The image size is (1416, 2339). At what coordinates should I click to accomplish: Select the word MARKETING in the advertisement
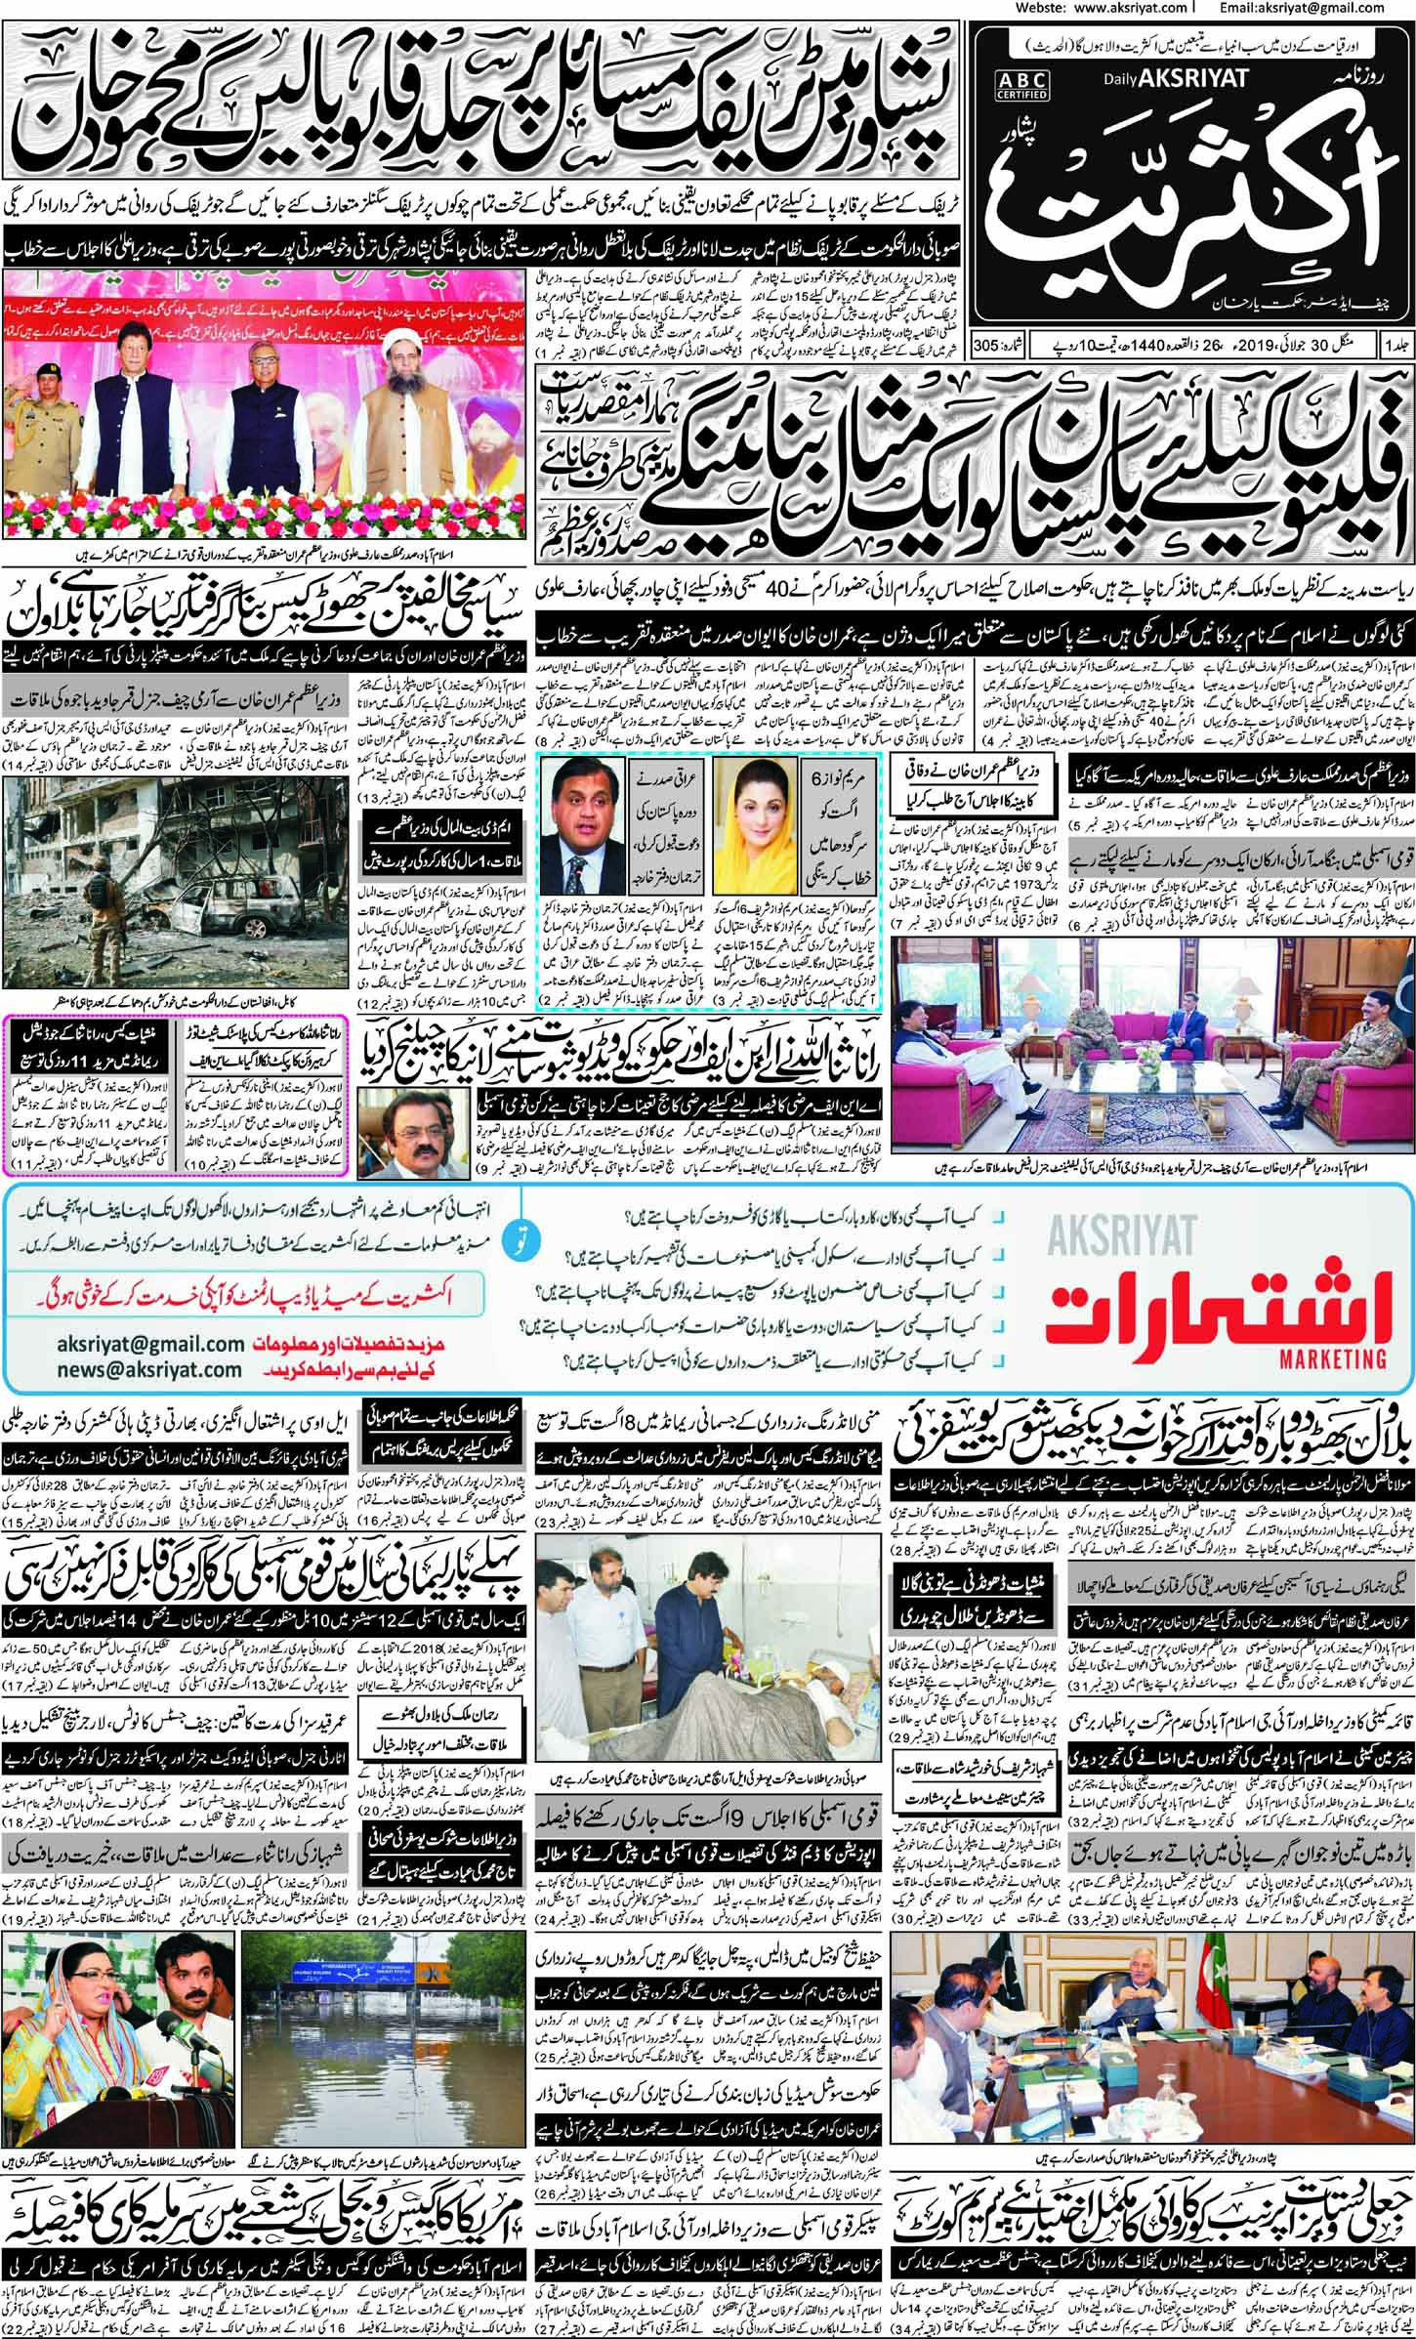tap(1333, 1357)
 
